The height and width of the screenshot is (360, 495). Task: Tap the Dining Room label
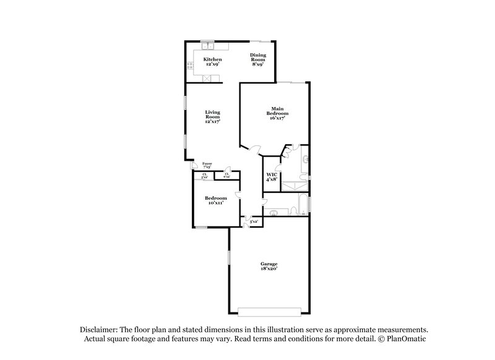point(258,59)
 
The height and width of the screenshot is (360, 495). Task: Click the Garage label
point(269,266)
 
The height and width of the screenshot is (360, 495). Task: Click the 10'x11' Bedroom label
point(214,200)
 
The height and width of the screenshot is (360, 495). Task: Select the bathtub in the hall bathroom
point(302,204)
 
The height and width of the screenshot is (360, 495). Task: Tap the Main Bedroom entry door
point(255,149)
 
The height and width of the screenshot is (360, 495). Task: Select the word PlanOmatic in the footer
point(406,340)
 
